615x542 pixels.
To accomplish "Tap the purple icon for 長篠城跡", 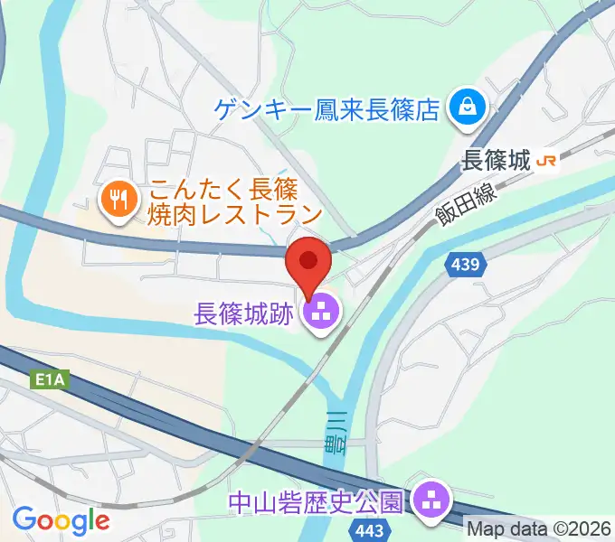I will (x=321, y=314).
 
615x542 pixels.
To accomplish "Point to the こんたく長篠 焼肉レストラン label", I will (x=235, y=203).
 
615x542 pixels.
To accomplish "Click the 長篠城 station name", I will (x=495, y=161).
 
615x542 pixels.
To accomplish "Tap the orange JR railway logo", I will (x=546, y=161).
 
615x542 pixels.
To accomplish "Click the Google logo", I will (x=61, y=520).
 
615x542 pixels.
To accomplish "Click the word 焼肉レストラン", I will (x=235, y=215).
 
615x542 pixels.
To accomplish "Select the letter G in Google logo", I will (x=24, y=519).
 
